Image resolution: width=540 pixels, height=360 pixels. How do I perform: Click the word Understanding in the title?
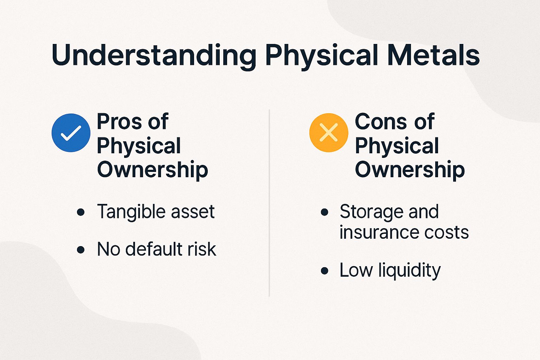pyautogui.click(x=154, y=56)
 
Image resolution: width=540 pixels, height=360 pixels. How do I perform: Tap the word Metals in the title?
pyautogui.click(x=433, y=56)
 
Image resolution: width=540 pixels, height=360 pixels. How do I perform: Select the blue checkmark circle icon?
pyautogui.click(x=71, y=133)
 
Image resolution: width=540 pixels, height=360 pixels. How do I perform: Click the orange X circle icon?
pyautogui.click(x=329, y=133)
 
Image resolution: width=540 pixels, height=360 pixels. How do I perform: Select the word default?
pyautogui.click(x=154, y=249)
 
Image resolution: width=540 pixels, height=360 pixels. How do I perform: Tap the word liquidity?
pyautogui.click(x=409, y=271)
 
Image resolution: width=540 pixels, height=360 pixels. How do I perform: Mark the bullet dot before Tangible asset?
pyautogui.click(x=81, y=212)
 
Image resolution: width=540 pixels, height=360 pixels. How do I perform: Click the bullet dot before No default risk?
pyautogui.click(x=81, y=250)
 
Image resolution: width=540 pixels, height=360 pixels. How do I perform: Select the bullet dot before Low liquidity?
pyautogui.click(x=324, y=271)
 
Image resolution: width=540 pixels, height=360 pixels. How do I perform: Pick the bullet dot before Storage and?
pyautogui.click(x=324, y=212)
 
